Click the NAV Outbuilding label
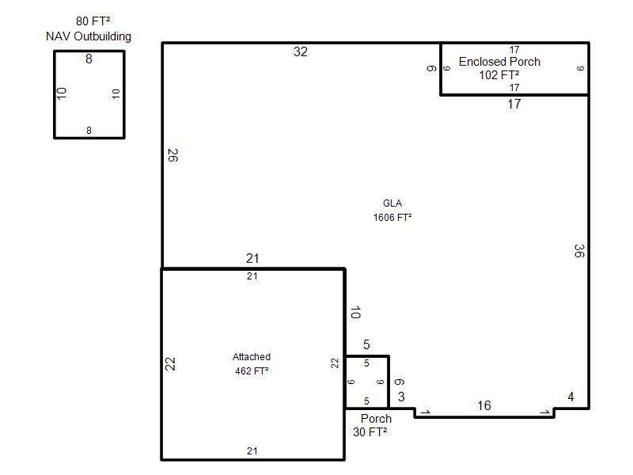tap(89, 36)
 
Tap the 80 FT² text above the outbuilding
tap(93, 21)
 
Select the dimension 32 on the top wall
tap(301, 51)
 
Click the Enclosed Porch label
tap(499, 62)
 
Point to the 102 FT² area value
tap(499, 75)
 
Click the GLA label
tap(392, 203)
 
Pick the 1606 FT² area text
tap(392, 217)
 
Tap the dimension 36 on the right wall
tap(579, 251)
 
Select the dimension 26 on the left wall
tap(172, 155)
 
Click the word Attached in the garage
tap(252, 357)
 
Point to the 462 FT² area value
tap(252, 370)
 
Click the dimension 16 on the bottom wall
tap(484, 405)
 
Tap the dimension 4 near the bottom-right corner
tap(570, 397)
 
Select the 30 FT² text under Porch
tap(370, 432)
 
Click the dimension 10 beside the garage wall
tap(355, 313)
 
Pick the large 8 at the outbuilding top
tap(89, 59)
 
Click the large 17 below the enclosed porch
tap(514, 104)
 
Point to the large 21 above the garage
tap(252, 259)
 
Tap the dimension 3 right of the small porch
tap(401, 397)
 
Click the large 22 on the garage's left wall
tap(170, 364)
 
